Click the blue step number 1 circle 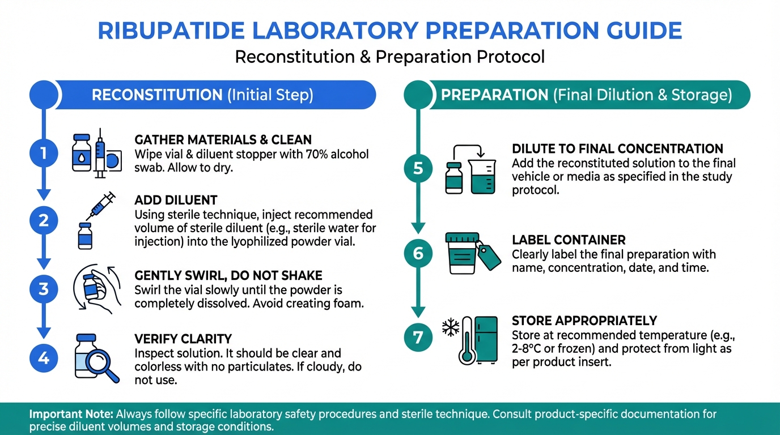point(44,153)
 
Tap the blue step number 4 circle point(44,358)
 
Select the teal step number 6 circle point(418,253)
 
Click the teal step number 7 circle point(418,337)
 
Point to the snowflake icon point(451,327)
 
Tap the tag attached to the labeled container point(489,256)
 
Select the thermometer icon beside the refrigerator point(467,340)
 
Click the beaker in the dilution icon point(482,177)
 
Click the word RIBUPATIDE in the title point(171,31)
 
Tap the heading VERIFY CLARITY point(183,339)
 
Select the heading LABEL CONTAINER point(569,240)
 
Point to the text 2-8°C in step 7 point(526,349)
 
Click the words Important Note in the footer point(71,414)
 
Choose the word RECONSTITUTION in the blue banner point(157,95)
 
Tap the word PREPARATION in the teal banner point(494,95)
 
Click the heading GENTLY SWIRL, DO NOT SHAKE point(228,276)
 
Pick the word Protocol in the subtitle point(511,57)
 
